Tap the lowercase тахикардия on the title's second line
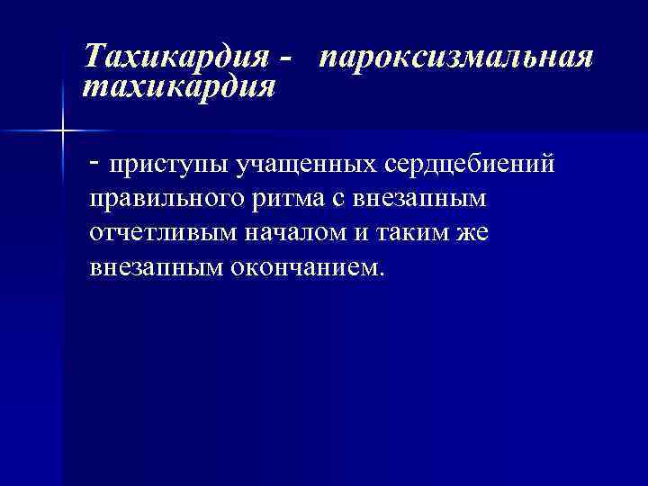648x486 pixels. click(x=178, y=88)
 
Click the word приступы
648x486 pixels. click(x=166, y=166)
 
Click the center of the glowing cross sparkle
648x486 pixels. click(x=62, y=131)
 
